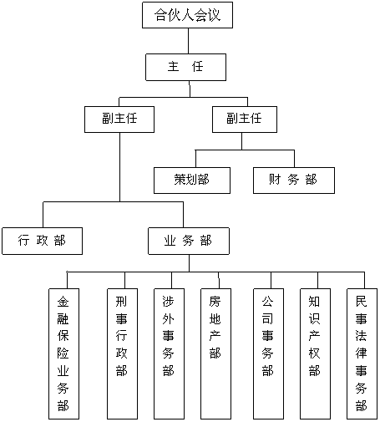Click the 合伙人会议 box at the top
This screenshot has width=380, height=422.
point(187,15)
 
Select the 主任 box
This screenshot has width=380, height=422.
point(185,67)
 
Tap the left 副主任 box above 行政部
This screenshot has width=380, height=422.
point(119,119)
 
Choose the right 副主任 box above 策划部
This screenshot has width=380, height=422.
point(245,119)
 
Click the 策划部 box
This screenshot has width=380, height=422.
point(192,180)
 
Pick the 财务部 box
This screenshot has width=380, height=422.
point(294,180)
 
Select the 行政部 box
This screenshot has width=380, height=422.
point(42,241)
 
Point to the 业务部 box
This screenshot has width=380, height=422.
point(189,241)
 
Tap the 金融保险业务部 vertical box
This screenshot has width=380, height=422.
point(63,353)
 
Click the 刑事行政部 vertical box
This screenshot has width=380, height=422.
point(122,353)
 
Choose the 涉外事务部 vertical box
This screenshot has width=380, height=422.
point(169,353)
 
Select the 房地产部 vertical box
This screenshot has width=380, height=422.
point(215,353)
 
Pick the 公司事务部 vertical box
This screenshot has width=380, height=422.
point(268,353)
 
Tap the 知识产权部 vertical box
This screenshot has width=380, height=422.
point(315,353)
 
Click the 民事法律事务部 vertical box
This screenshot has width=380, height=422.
point(362,353)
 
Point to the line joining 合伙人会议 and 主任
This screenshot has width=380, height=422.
point(188,41)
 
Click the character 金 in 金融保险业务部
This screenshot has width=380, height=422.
point(63,302)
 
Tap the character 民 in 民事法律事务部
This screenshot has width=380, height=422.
point(362,302)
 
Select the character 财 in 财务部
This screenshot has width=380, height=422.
point(275,179)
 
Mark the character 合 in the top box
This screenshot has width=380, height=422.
point(160,15)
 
